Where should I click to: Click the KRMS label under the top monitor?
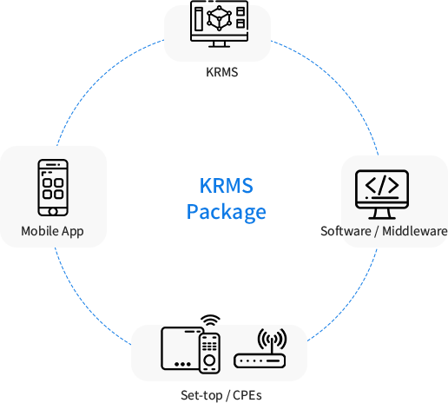(x=222, y=72)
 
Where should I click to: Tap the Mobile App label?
(x=52, y=231)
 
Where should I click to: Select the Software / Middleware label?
(x=384, y=231)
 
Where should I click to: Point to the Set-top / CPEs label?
(x=221, y=395)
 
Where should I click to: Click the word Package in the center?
(x=227, y=212)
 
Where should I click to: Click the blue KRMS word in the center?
(x=227, y=185)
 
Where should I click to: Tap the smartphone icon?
(x=53, y=188)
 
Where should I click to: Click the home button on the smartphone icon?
(x=53, y=212)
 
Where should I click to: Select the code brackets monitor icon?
(x=382, y=195)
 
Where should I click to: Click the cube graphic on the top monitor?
(x=219, y=18)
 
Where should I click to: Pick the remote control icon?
(x=209, y=353)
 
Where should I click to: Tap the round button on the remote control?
(x=209, y=360)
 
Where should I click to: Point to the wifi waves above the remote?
(x=210, y=320)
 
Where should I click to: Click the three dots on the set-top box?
(x=182, y=364)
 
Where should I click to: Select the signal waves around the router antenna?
(x=272, y=339)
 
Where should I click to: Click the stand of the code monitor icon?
(x=382, y=214)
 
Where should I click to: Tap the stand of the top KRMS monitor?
(x=219, y=44)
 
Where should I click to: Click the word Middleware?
(x=415, y=231)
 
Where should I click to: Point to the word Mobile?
(x=40, y=231)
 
